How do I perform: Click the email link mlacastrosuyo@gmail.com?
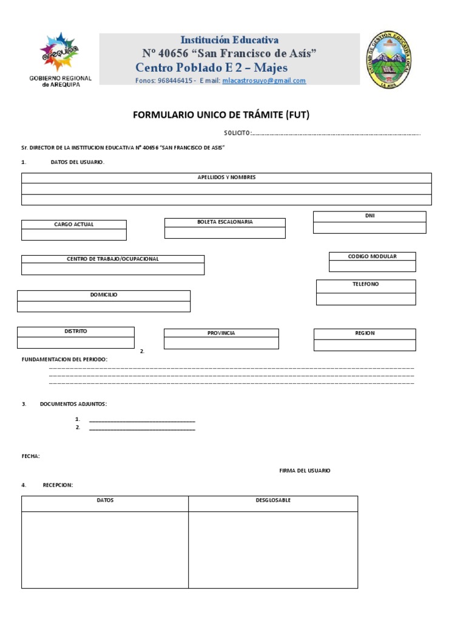[x=264, y=80]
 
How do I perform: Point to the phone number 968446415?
[x=175, y=80]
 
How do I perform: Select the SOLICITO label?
[x=237, y=133]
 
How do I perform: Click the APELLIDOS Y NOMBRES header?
[x=226, y=177]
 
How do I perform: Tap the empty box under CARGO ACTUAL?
[x=74, y=234]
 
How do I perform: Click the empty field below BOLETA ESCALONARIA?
[x=225, y=233]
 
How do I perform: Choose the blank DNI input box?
[x=370, y=227]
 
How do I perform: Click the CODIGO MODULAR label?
[x=372, y=256]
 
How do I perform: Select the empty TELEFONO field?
[x=366, y=299]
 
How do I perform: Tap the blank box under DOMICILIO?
[x=104, y=306]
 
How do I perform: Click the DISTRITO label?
[x=76, y=332]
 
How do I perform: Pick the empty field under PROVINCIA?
[x=221, y=344]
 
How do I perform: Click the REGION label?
[x=365, y=333]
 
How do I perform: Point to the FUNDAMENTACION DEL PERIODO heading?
[x=64, y=360]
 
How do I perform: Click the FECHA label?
[x=31, y=456]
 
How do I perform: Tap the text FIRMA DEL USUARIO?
[x=305, y=471]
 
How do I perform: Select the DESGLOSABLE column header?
[x=272, y=501]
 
